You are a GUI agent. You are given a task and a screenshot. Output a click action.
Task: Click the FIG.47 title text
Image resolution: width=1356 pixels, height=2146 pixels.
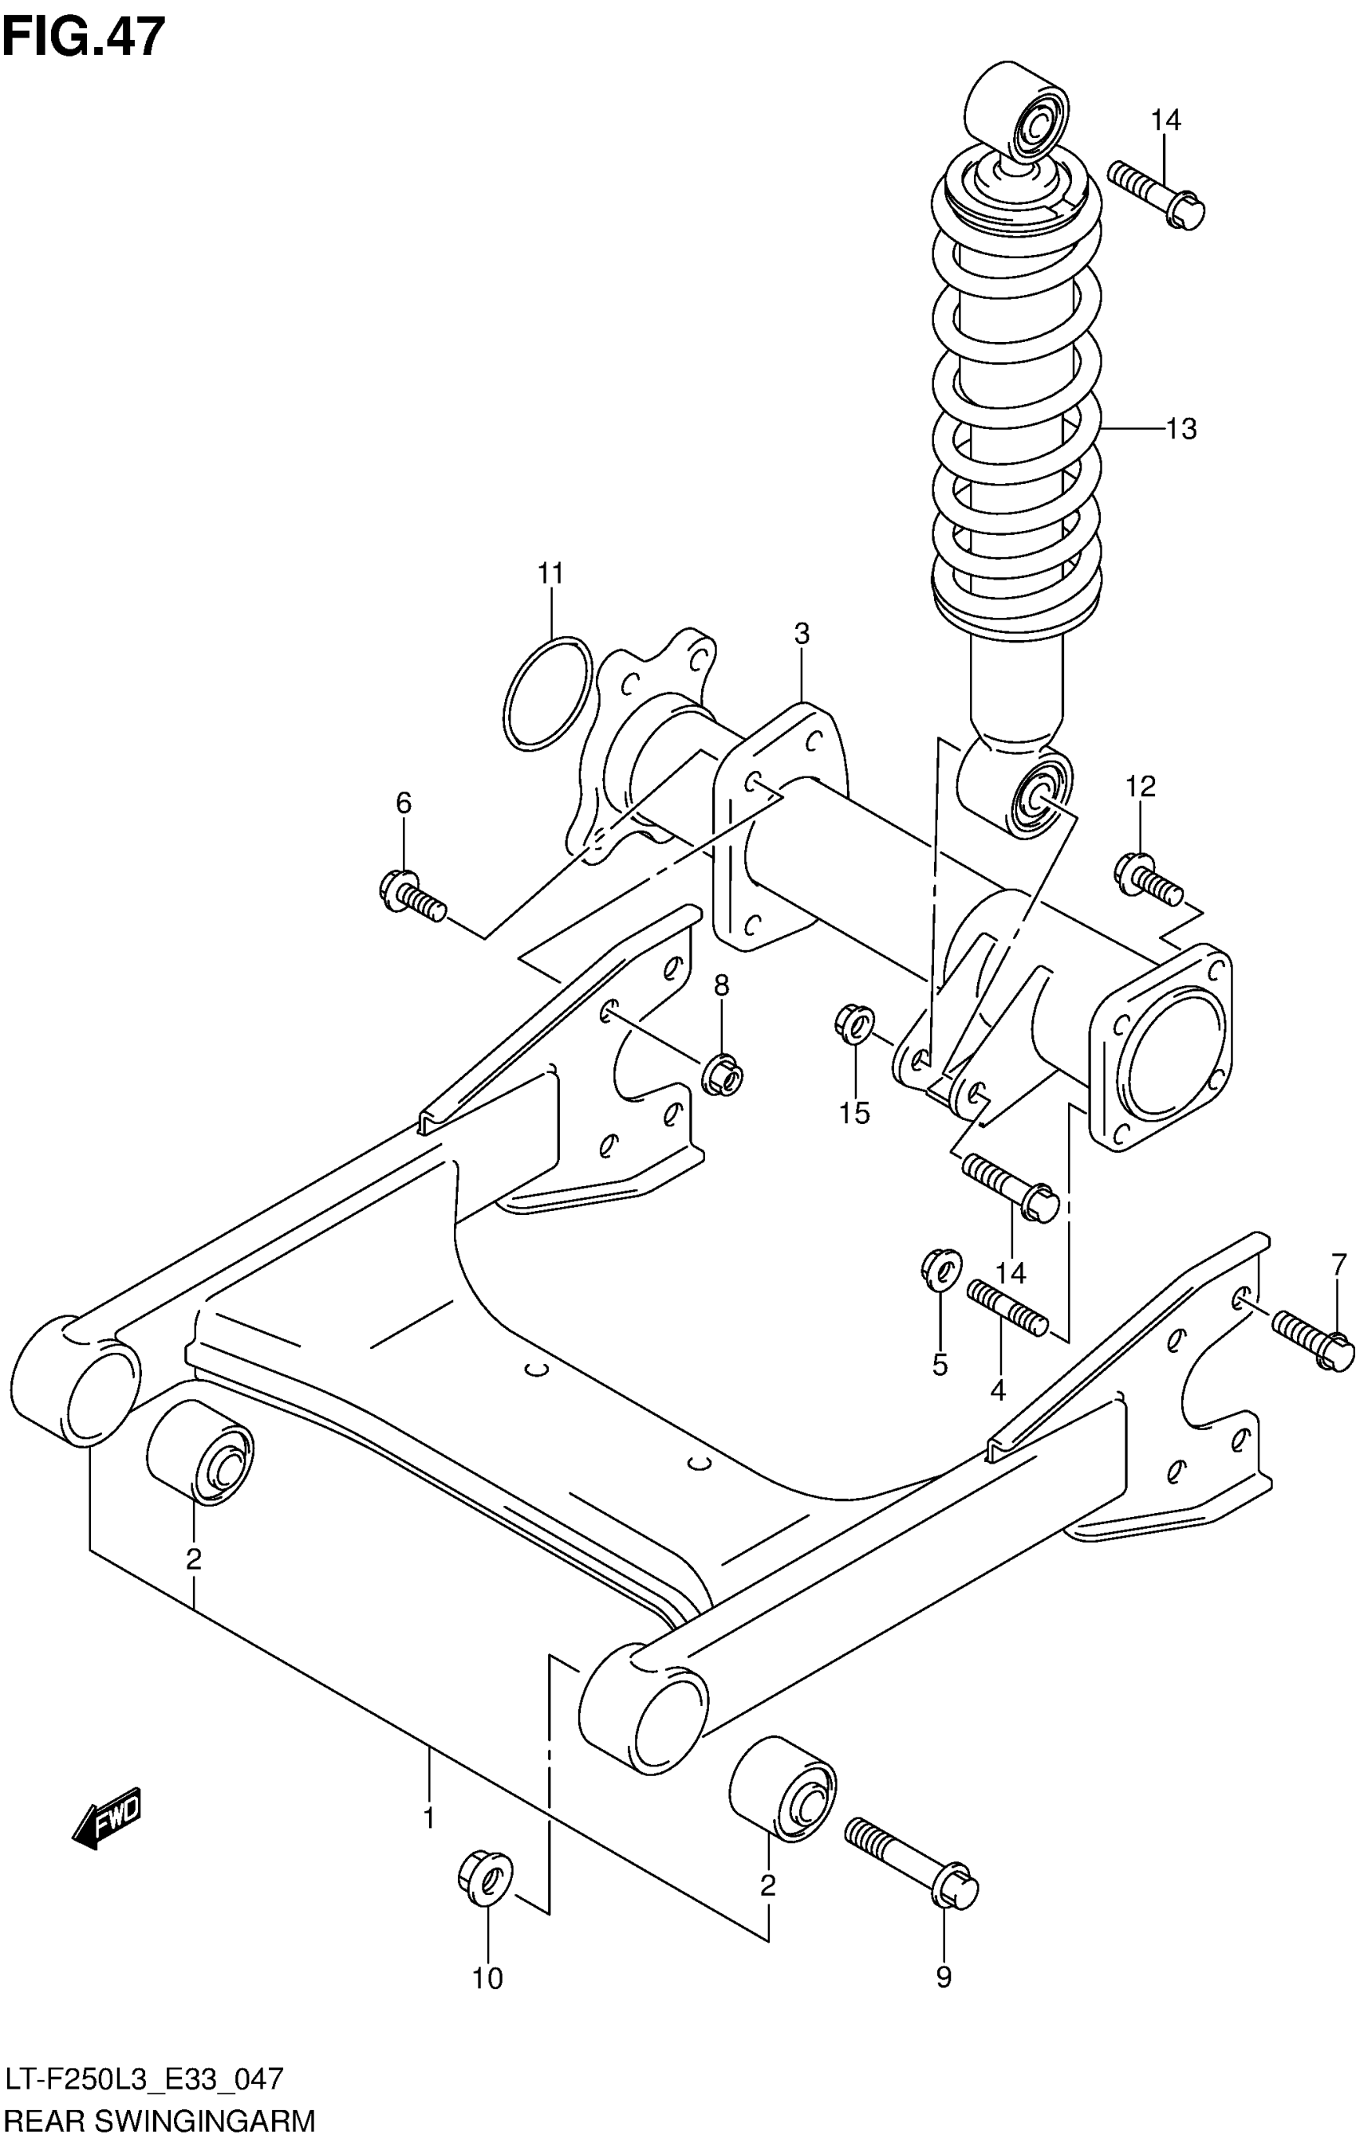85,37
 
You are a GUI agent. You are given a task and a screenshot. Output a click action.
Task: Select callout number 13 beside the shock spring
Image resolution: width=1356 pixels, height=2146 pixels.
1181,430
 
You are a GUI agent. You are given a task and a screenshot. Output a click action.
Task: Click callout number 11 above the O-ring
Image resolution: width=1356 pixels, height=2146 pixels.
551,574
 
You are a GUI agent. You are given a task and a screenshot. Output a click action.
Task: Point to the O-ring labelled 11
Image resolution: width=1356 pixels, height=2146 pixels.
547,693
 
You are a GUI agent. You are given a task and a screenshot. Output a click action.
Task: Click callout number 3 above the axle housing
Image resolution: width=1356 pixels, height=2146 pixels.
802,635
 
